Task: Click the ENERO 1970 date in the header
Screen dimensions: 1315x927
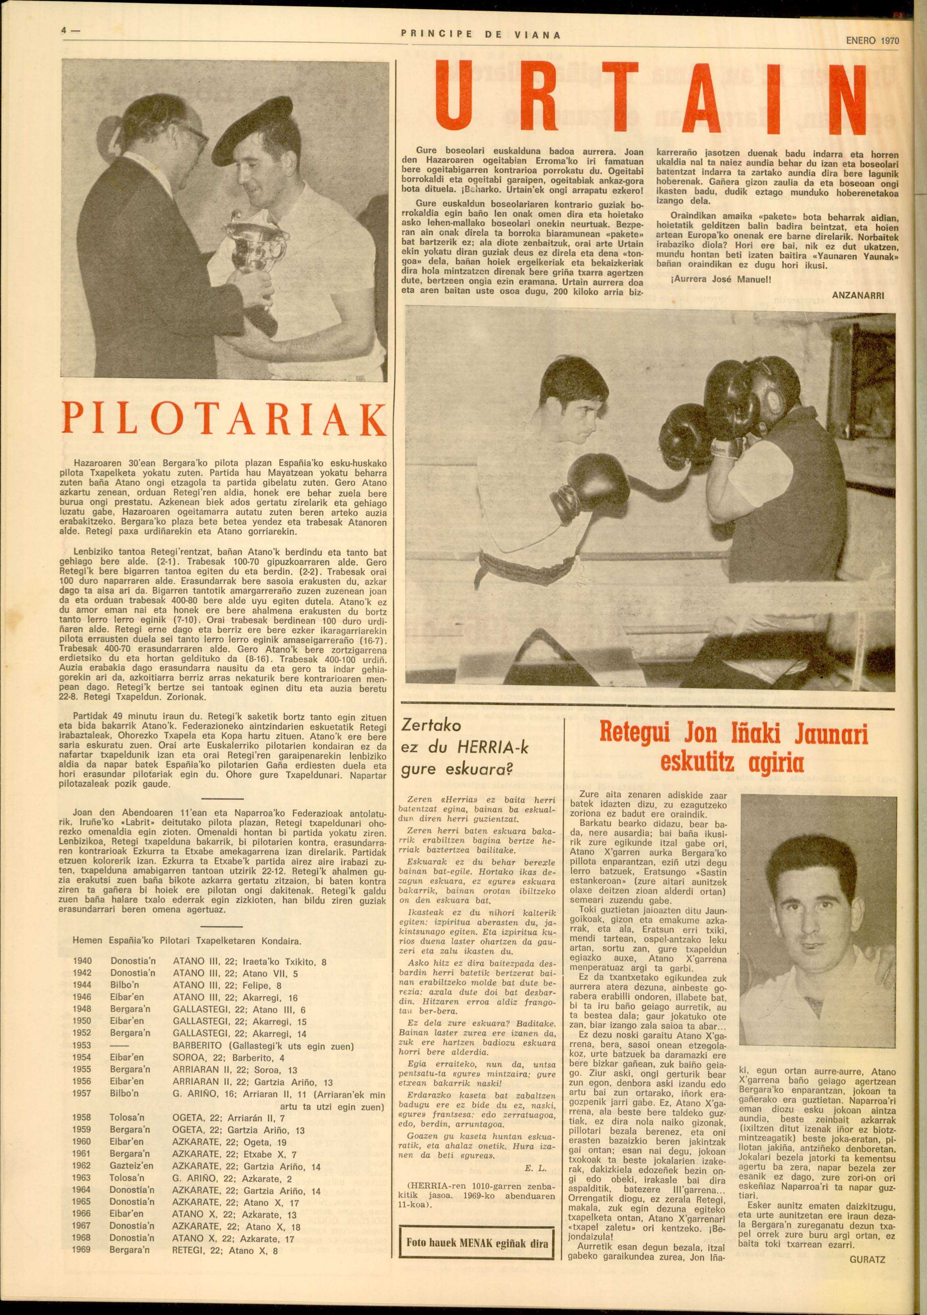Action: tap(872, 41)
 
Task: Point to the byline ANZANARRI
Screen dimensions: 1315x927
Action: tap(858, 295)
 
